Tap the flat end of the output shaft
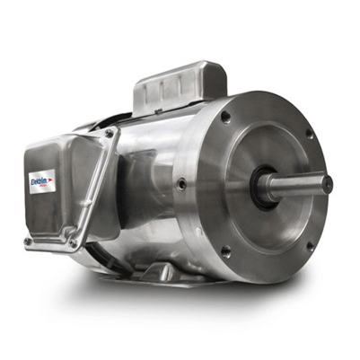pos(328,184)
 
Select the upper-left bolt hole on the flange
pos(225,117)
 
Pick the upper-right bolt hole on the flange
pos(310,134)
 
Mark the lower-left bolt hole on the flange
pos(224,252)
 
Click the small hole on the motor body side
pos(182,184)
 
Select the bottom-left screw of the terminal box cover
pos(28,241)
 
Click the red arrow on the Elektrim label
pos(50,179)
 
